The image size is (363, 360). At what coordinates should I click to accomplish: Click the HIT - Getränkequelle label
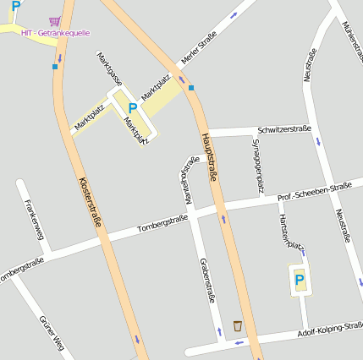click(55, 32)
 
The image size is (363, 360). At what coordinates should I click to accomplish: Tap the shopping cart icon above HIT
click(55, 20)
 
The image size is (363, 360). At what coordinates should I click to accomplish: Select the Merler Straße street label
click(199, 48)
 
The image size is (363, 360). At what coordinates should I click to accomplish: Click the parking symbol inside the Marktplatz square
click(132, 108)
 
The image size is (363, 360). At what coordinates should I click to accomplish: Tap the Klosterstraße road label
click(91, 203)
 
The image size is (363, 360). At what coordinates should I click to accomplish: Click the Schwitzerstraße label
click(283, 129)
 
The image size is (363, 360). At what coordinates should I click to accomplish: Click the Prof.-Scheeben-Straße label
click(314, 192)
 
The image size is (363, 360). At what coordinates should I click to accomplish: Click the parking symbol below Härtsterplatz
click(299, 279)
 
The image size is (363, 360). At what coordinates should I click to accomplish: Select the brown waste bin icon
click(238, 325)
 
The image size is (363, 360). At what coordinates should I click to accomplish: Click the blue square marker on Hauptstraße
click(191, 87)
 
